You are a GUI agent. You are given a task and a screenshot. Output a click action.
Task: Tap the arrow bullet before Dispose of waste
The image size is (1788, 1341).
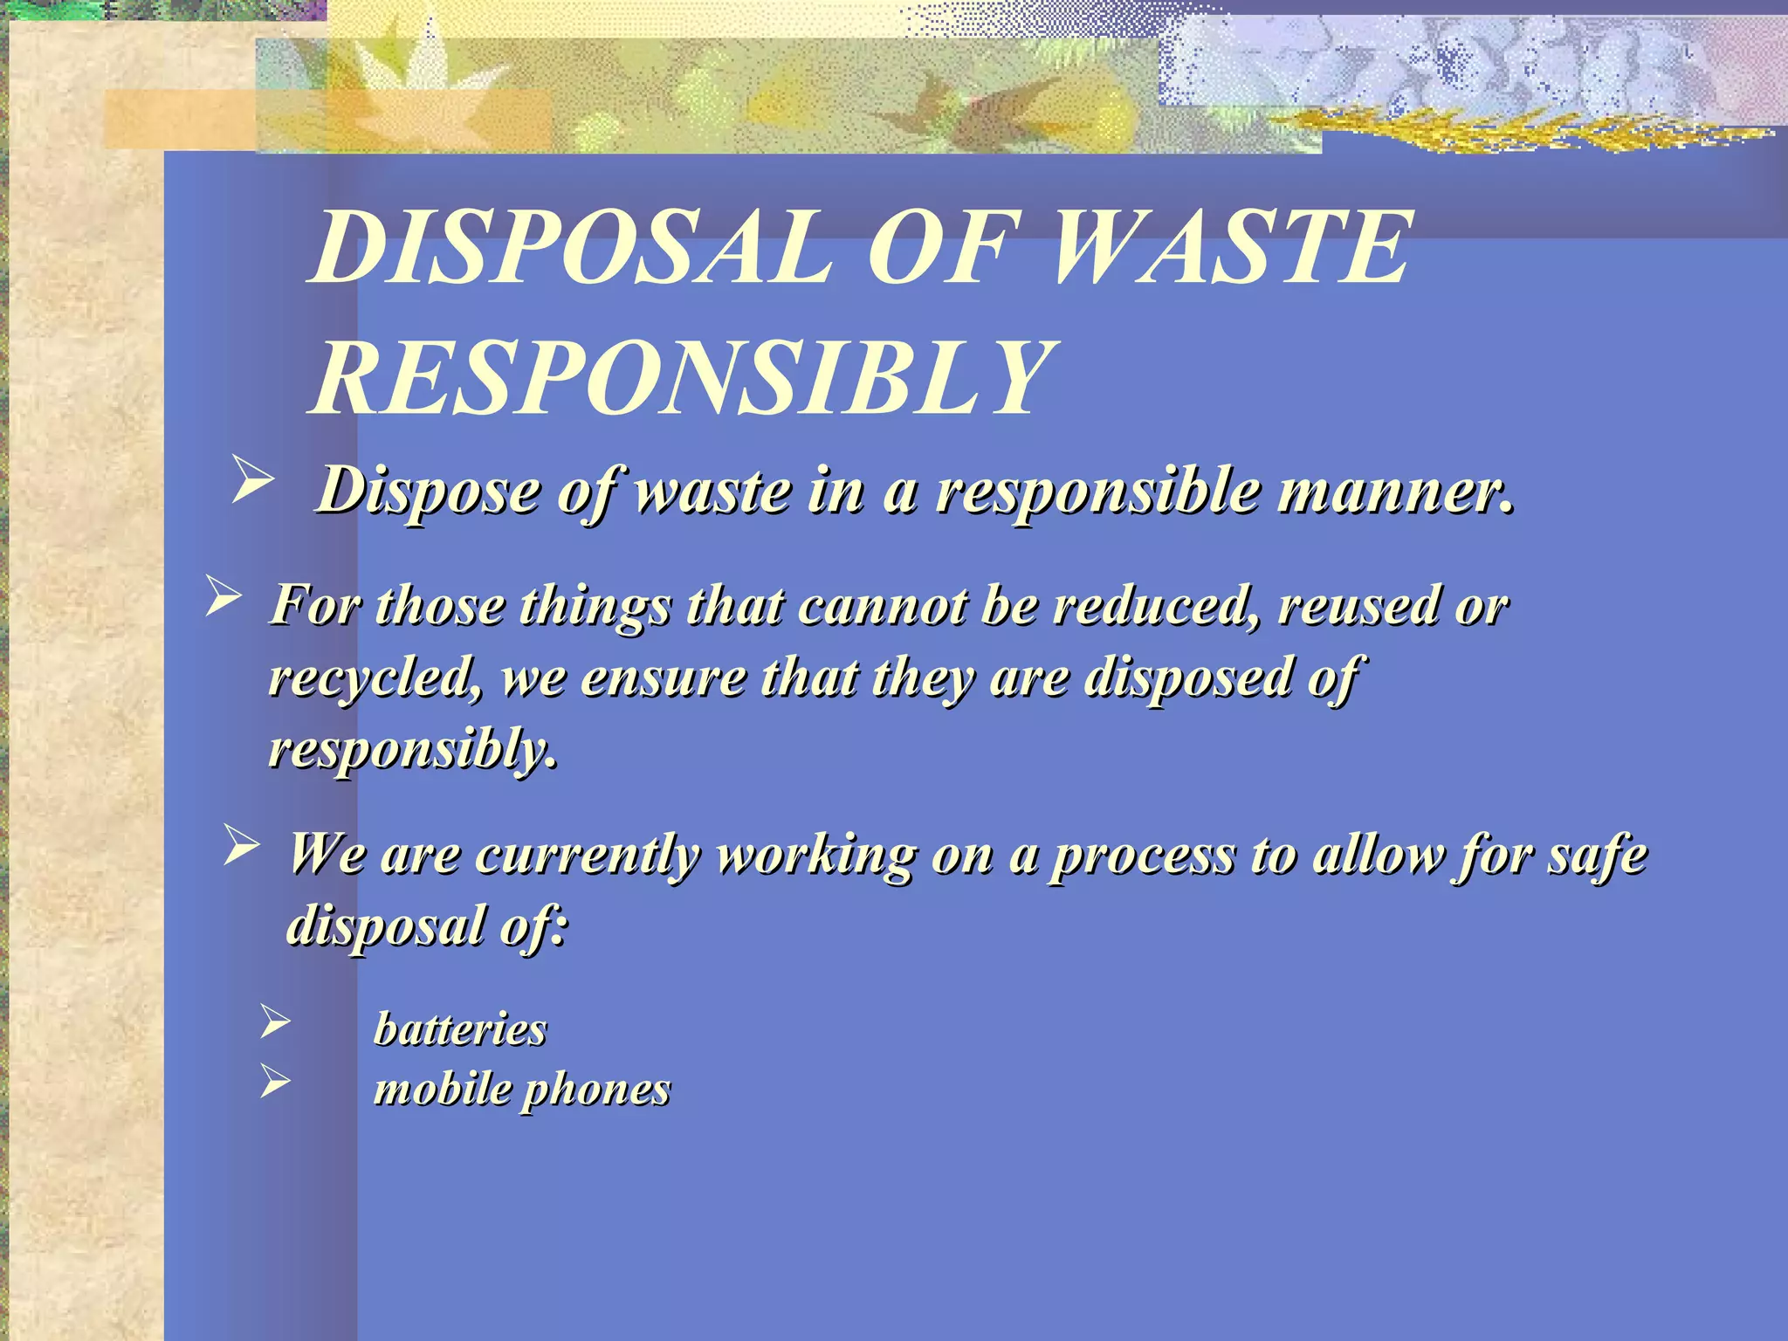252,483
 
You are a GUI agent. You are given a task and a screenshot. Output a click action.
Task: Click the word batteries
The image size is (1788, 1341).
460,1028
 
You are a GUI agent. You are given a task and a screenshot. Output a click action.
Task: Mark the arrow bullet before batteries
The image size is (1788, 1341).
275,1021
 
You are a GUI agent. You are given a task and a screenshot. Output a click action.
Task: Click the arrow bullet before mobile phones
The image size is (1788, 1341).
275,1083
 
